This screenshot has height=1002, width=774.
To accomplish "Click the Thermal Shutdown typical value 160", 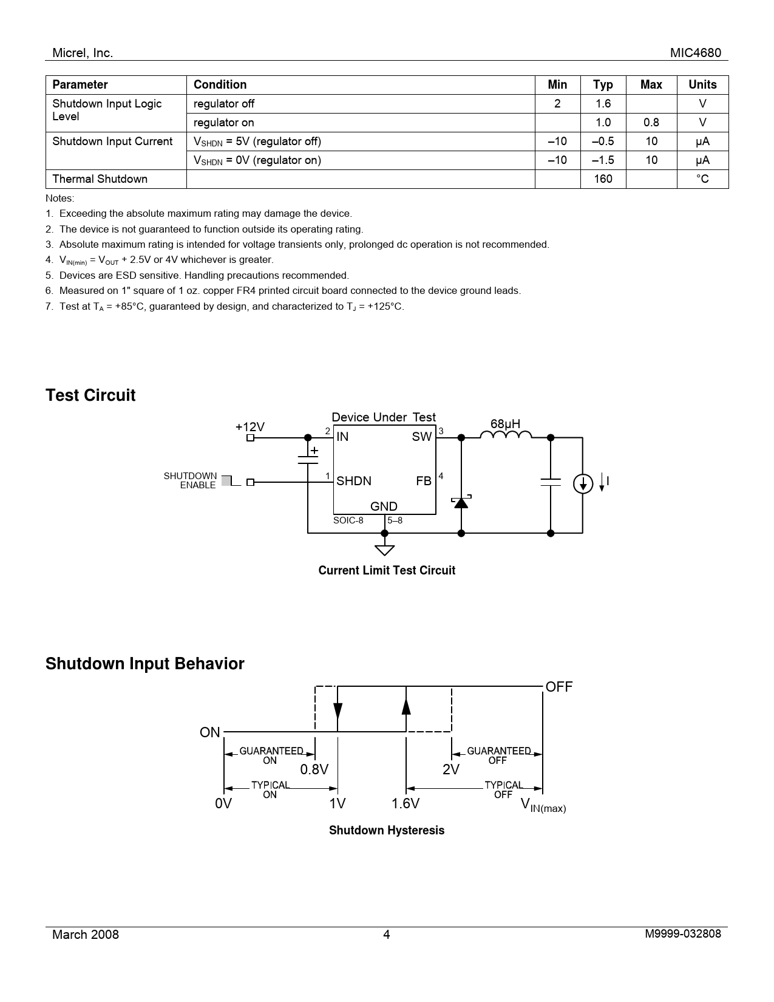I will (x=603, y=179).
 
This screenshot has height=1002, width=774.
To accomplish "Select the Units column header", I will (x=702, y=85).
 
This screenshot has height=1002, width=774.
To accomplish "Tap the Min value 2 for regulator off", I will (x=557, y=104).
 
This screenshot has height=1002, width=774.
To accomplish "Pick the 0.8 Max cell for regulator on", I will (x=651, y=123).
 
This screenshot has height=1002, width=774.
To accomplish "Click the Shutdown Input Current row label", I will (x=112, y=141).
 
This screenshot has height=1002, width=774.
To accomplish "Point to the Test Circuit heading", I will (x=90, y=395).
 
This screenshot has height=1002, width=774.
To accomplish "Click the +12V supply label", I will (x=250, y=427).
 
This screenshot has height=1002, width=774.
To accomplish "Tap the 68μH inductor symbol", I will (x=506, y=434).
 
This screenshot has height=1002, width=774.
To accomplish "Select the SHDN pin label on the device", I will (x=354, y=481).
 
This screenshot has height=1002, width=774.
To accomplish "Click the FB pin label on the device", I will (x=424, y=481).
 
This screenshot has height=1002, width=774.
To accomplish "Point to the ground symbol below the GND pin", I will (x=384, y=550).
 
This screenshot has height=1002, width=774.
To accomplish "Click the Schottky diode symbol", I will (x=461, y=502).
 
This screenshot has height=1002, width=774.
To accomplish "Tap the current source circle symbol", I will (x=583, y=483).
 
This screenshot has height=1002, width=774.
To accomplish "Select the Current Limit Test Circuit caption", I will (x=387, y=570).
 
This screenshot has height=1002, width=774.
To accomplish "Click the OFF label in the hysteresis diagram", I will (x=559, y=687).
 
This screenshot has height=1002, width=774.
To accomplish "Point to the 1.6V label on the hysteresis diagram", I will (x=406, y=804).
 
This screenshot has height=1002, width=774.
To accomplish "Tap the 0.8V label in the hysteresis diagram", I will (x=314, y=770).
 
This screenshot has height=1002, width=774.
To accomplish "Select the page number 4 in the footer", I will (x=387, y=935).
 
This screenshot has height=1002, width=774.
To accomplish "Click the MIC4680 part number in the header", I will (x=696, y=53).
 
